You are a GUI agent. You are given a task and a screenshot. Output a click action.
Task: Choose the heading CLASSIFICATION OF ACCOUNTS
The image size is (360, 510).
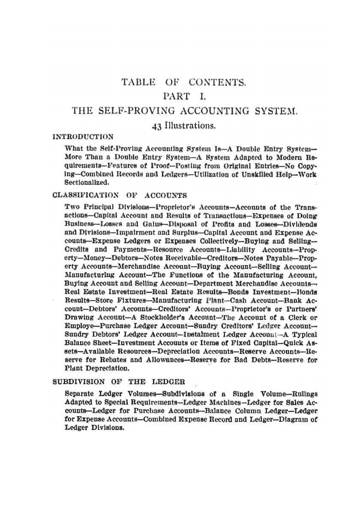pos(119,196)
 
